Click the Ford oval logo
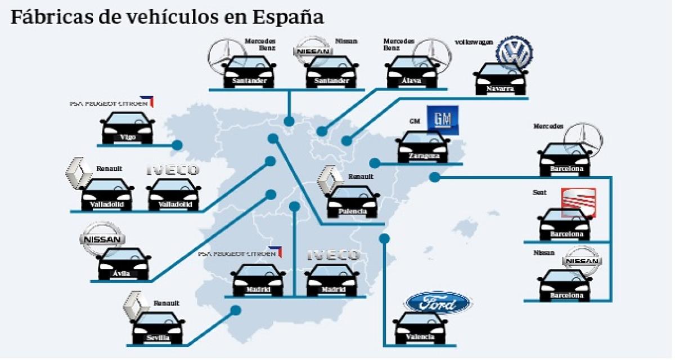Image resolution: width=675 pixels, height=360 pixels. [438, 303]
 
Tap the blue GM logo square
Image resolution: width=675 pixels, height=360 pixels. [443, 119]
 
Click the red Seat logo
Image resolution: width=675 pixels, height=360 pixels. [578, 203]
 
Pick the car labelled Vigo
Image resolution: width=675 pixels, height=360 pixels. [128, 128]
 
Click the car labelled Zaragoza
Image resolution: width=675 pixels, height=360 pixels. [423, 147]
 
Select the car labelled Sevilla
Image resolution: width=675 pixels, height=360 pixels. [157, 327]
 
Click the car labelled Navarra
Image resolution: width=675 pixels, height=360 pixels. [500, 79]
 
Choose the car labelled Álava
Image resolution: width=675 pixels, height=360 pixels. [412, 71]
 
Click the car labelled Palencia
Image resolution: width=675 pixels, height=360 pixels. [353, 202]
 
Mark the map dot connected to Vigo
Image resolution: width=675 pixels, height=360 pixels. [177, 145]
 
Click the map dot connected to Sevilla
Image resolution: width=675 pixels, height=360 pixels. [236, 310]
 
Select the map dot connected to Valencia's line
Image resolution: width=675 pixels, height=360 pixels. [384, 238]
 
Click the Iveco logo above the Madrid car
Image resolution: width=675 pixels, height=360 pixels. [333, 255]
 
